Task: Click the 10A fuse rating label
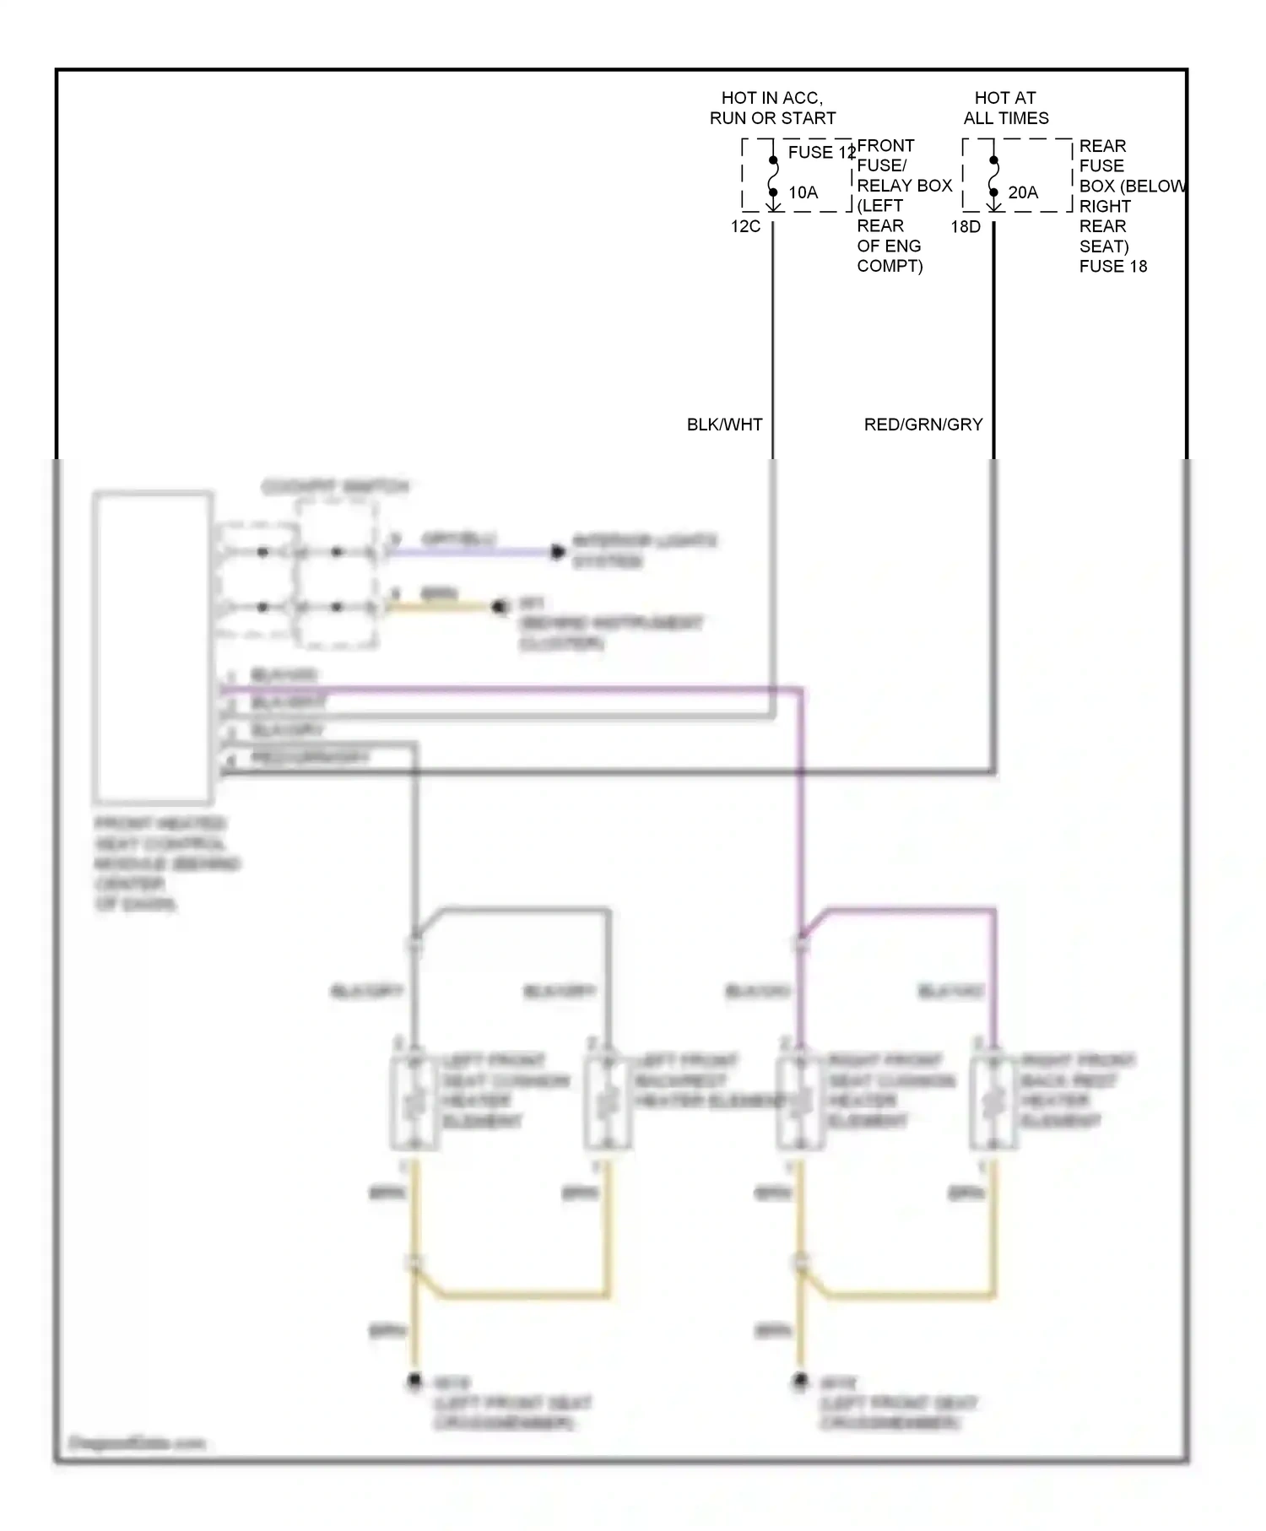[x=803, y=192]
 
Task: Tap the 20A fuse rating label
[x=1023, y=192]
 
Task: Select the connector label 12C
[x=745, y=226]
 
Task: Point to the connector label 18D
[x=966, y=226]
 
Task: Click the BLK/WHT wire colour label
[x=724, y=425]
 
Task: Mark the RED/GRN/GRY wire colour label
[x=923, y=425]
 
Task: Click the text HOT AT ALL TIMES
[x=1005, y=108]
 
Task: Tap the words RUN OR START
[x=772, y=118]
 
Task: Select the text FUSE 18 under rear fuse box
[x=1112, y=267]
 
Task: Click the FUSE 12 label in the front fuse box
[x=820, y=153]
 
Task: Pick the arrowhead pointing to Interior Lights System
[x=557, y=552]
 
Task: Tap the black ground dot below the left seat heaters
[x=414, y=1382]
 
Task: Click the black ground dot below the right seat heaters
[x=799, y=1381]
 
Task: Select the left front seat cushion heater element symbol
[x=414, y=1102]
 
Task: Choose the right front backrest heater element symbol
[x=993, y=1102]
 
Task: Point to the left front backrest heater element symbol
[x=607, y=1102]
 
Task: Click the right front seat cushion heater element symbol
[x=799, y=1102]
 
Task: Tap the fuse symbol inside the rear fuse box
[x=994, y=176]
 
